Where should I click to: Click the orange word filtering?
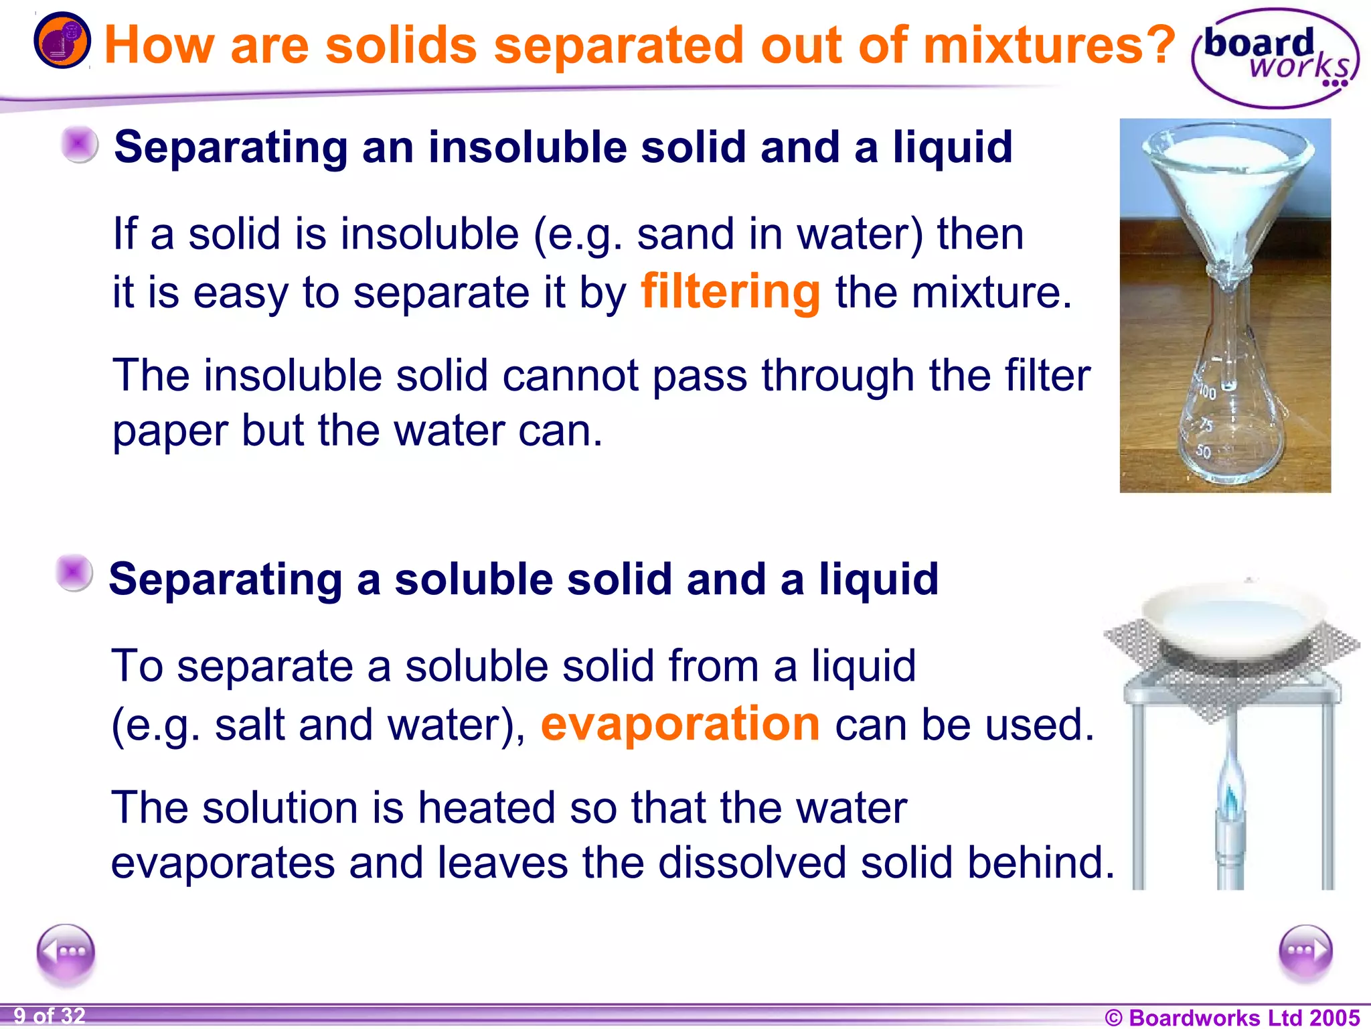click(x=730, y=292)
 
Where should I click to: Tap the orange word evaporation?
click(x=680, y=724)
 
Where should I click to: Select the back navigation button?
click(x=66, y=952)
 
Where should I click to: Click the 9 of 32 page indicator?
click(x=50, y=1016)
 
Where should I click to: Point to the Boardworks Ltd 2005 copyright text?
click(x=1232, y=1017)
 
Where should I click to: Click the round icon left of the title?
click(x=62, y=40)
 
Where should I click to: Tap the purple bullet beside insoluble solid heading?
click(x=79, y=144)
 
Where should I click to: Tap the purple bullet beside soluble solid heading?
click(x=74, y=573)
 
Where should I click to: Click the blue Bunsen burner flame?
click(x=1230, y=791)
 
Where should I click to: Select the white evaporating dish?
click(x=1232, y=620)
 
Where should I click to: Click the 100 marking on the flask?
click(x=1206, y=392)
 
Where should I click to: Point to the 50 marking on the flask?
click(x=1203, y=452)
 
